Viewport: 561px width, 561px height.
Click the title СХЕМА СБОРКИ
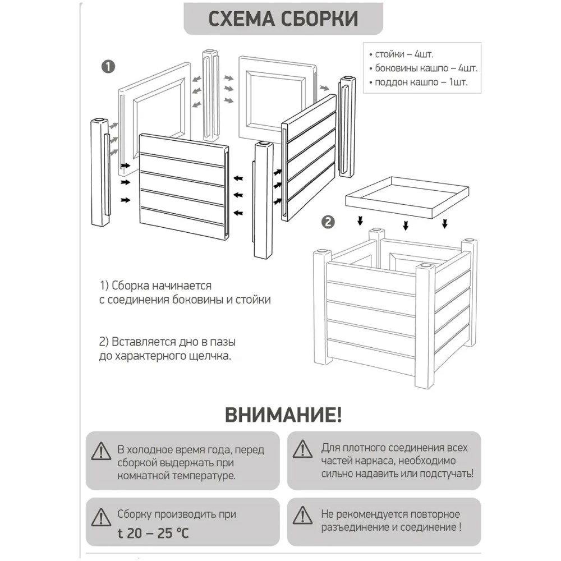pos(283,19)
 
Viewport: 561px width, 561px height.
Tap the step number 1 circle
pos(108,66)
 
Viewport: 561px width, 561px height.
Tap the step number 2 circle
pos(328,222)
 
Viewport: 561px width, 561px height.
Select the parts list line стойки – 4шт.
pos(402,55)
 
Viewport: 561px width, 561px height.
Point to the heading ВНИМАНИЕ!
pos(283,415)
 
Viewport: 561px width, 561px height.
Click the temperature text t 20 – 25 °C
pos(153,532)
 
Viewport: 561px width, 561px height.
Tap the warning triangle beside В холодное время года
pos(100,450)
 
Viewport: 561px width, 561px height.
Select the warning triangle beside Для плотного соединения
pos(303,449)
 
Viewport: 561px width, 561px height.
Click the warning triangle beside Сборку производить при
pos(100,515)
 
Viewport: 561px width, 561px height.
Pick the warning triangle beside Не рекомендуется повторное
pos(303,515)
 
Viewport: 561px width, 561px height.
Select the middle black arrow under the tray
pos(406,225)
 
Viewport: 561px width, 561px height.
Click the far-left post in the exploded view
pos(100,173)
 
